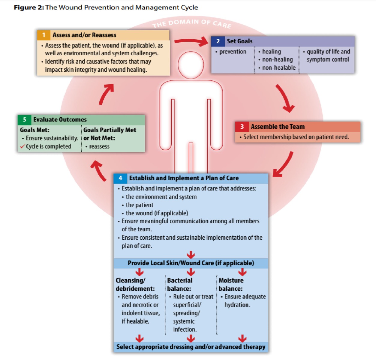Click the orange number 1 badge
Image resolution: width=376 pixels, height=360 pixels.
[44, 35]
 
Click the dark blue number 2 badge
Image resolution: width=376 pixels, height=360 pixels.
[218, 41]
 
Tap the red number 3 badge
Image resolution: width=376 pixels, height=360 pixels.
[242, 127]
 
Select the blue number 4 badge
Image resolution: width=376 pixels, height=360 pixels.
[120, 178]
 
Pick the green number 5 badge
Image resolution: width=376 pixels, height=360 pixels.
[24, 119]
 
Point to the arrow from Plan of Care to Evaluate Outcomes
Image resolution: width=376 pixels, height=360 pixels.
[98, 170]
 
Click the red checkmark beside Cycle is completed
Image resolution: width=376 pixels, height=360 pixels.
[23, 147]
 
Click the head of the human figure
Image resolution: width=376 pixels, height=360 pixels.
[191, 65]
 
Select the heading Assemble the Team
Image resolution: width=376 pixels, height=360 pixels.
[278, 127]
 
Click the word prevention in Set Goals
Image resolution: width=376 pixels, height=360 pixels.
[233, 52]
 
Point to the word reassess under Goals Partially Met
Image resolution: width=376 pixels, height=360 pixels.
[99, 146]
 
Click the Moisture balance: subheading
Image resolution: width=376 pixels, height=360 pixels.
[231, 284]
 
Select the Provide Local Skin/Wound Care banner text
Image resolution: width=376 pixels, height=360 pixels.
[191, 263]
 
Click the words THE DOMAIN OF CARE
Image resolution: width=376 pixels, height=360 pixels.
[192, 24]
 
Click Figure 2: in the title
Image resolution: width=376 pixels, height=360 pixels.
[29, 7]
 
